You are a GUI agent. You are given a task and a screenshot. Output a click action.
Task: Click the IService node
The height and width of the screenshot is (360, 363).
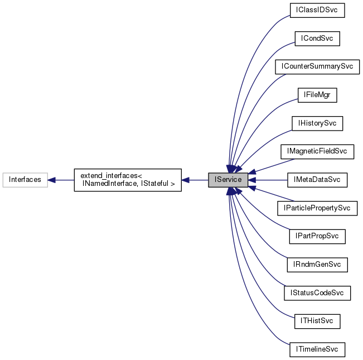click(x=228, y=180)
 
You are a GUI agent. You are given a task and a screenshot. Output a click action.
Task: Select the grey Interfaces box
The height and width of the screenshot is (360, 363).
click(x=25, y=180)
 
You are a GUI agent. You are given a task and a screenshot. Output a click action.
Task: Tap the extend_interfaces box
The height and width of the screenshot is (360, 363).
click(x=128, y=180)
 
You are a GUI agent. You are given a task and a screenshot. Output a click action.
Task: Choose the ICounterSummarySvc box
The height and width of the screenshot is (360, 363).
click(x=317, y=66)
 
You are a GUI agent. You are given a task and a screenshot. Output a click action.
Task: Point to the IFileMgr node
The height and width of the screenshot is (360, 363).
click(x=317, y=95)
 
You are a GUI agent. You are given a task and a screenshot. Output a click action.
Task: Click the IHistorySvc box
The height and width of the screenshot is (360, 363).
click(x=317, y=123)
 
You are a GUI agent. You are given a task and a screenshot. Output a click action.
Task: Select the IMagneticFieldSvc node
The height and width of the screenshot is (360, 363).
click(x=317, y=151)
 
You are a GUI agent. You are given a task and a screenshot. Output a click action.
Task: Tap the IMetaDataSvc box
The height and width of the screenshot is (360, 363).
click(x=317, y=180)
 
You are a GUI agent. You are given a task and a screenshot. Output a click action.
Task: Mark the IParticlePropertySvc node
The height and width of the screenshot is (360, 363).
click(x=317, y=208)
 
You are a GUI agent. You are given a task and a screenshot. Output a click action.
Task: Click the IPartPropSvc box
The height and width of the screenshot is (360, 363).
click(x=317, y=236)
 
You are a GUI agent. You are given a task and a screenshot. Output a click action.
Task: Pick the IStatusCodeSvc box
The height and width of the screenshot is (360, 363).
click(x=317, y=293)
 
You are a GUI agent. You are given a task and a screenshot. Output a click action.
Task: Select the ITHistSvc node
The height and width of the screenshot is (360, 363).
click(x=317, y=321)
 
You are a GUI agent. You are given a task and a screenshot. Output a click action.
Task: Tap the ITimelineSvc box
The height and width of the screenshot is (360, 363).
click(x=317, y=350)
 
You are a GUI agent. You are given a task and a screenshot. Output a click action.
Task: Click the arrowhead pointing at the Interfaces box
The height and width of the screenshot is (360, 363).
click(x=51, y=180)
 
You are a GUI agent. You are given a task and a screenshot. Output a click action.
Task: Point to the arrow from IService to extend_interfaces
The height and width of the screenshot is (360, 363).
click(x=195, y=180)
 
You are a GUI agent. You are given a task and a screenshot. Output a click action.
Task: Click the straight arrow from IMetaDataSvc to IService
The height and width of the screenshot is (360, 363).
click(x=268, y=180)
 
